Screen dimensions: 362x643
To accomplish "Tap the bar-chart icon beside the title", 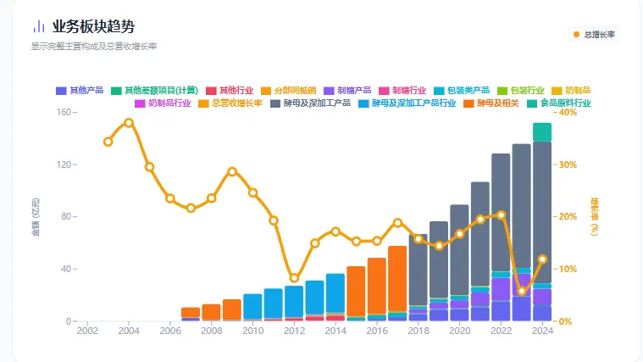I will (x=39, y=27).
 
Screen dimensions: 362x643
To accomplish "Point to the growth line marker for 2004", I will (x=129, y=123).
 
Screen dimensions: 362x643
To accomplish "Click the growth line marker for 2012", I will (x=294, y=278).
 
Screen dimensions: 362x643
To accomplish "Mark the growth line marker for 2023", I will (x=522, y=291).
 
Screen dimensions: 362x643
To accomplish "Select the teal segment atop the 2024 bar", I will (x=542, y=132).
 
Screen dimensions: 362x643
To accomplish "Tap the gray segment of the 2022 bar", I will (x=501, y=212).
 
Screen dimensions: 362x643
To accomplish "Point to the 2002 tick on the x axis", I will (x=87, y=331).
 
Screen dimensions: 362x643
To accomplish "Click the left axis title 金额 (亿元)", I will (x=36, y=217).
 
